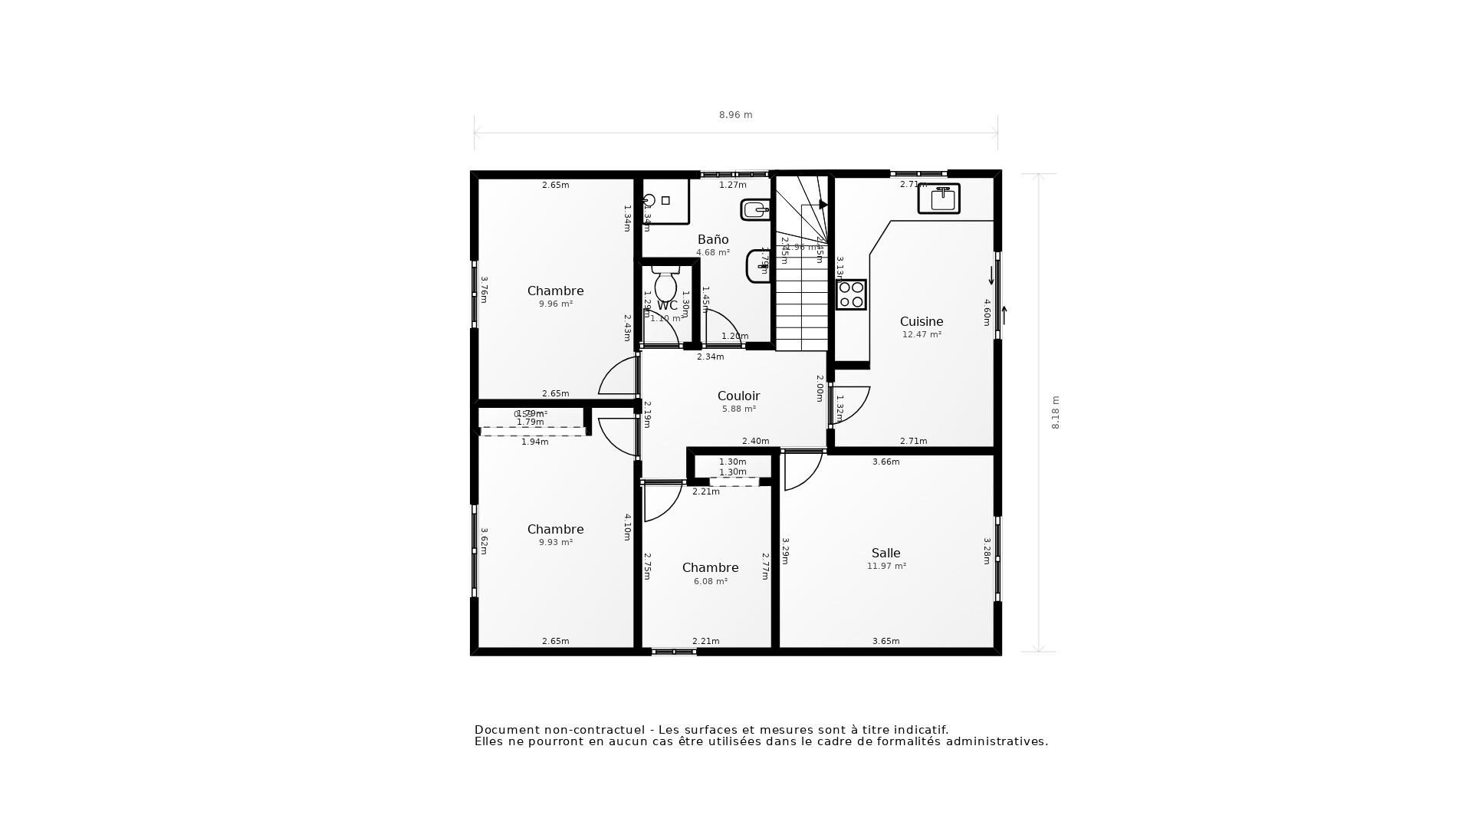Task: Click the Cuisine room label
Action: point(921,321)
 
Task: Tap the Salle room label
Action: point(886,553)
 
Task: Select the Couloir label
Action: point(738,396)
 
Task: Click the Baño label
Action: point(712,239)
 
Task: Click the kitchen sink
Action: point(939,199)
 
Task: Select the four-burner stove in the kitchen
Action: point(851,294)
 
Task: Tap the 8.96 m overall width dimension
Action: point(735,115)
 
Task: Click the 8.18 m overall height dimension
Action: point(1056,412)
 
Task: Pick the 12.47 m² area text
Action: point(921,335)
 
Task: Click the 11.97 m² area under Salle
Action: point(886,567)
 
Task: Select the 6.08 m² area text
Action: point(710,582)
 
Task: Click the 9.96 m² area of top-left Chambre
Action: point(555,304)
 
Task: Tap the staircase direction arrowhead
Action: point(823,205)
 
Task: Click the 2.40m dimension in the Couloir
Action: point(755,441)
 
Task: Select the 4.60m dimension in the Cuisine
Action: point(987,312)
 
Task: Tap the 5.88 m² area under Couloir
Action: point(738,409)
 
